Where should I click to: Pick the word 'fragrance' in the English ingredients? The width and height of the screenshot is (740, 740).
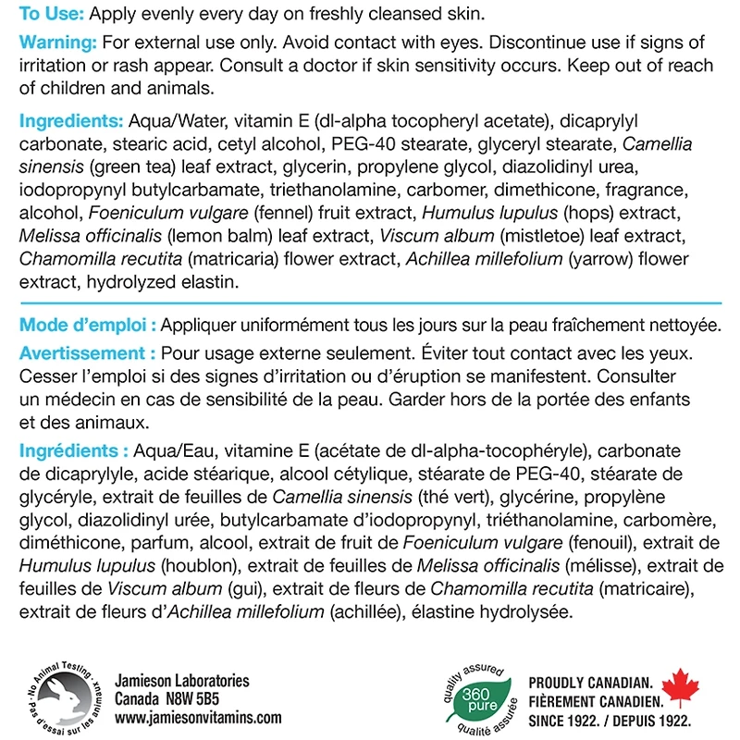pyautogui.click(x=654, y=190)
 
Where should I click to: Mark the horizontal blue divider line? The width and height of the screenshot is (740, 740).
pyautogui.click(x=370, y=302)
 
